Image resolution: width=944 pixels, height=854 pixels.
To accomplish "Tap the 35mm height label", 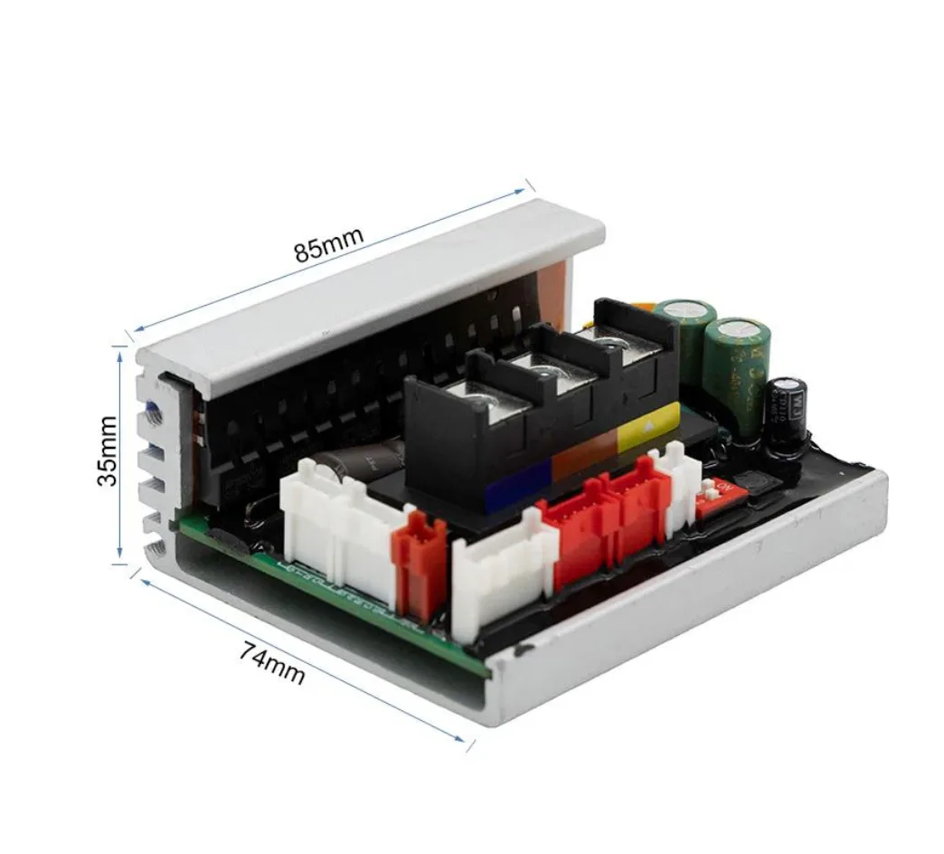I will [108, 451].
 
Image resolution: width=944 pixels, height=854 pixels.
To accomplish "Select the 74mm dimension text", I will [272, 662].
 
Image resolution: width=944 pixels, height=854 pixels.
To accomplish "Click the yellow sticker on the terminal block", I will [647, 425].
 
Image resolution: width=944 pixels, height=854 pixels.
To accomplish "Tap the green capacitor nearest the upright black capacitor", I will [738, 361].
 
